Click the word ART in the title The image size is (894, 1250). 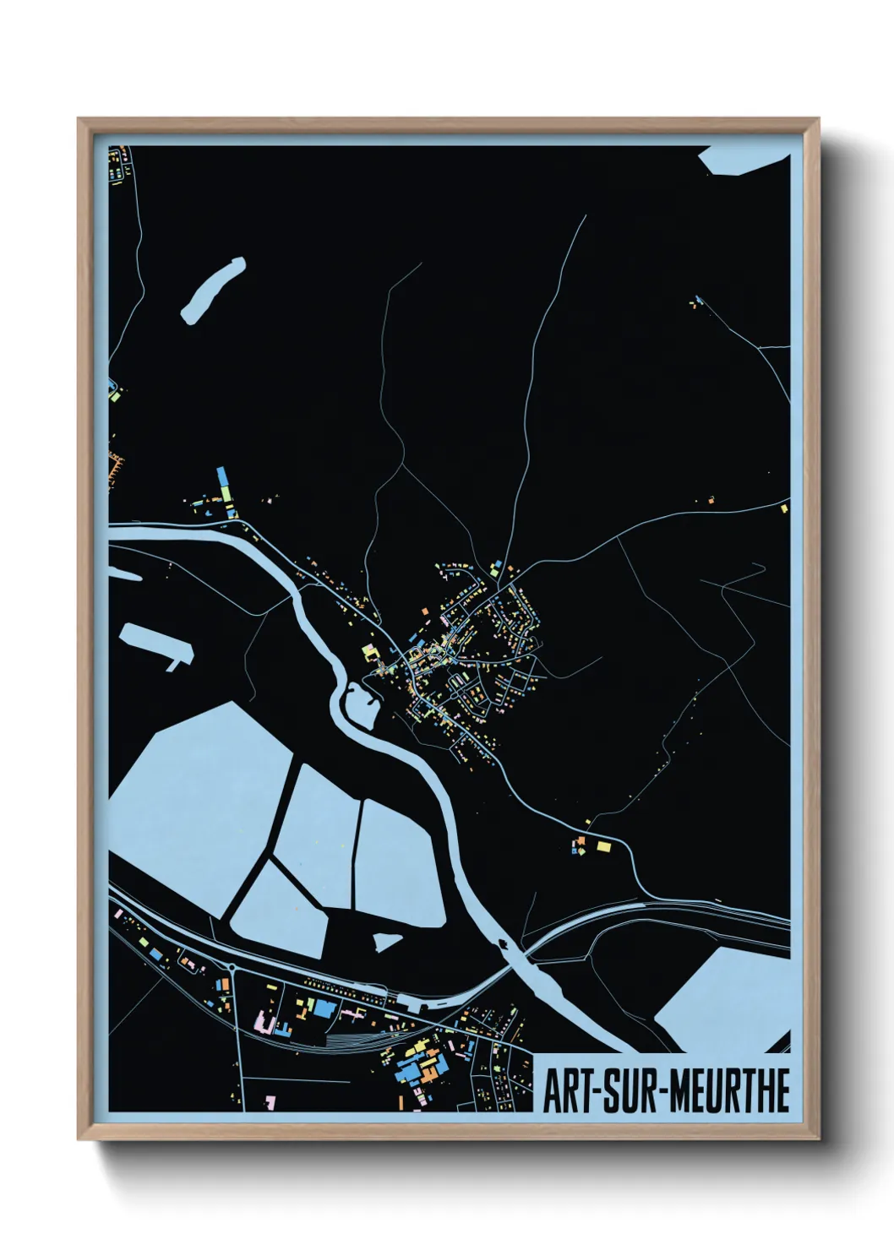[x=568, y=1091]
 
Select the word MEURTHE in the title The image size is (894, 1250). [x=732, y=1091]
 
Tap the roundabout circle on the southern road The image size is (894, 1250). [x=231, y=968]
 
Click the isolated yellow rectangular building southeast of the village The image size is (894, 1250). [x=603, y=845]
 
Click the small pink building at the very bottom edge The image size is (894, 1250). [x=270, y=1103]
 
